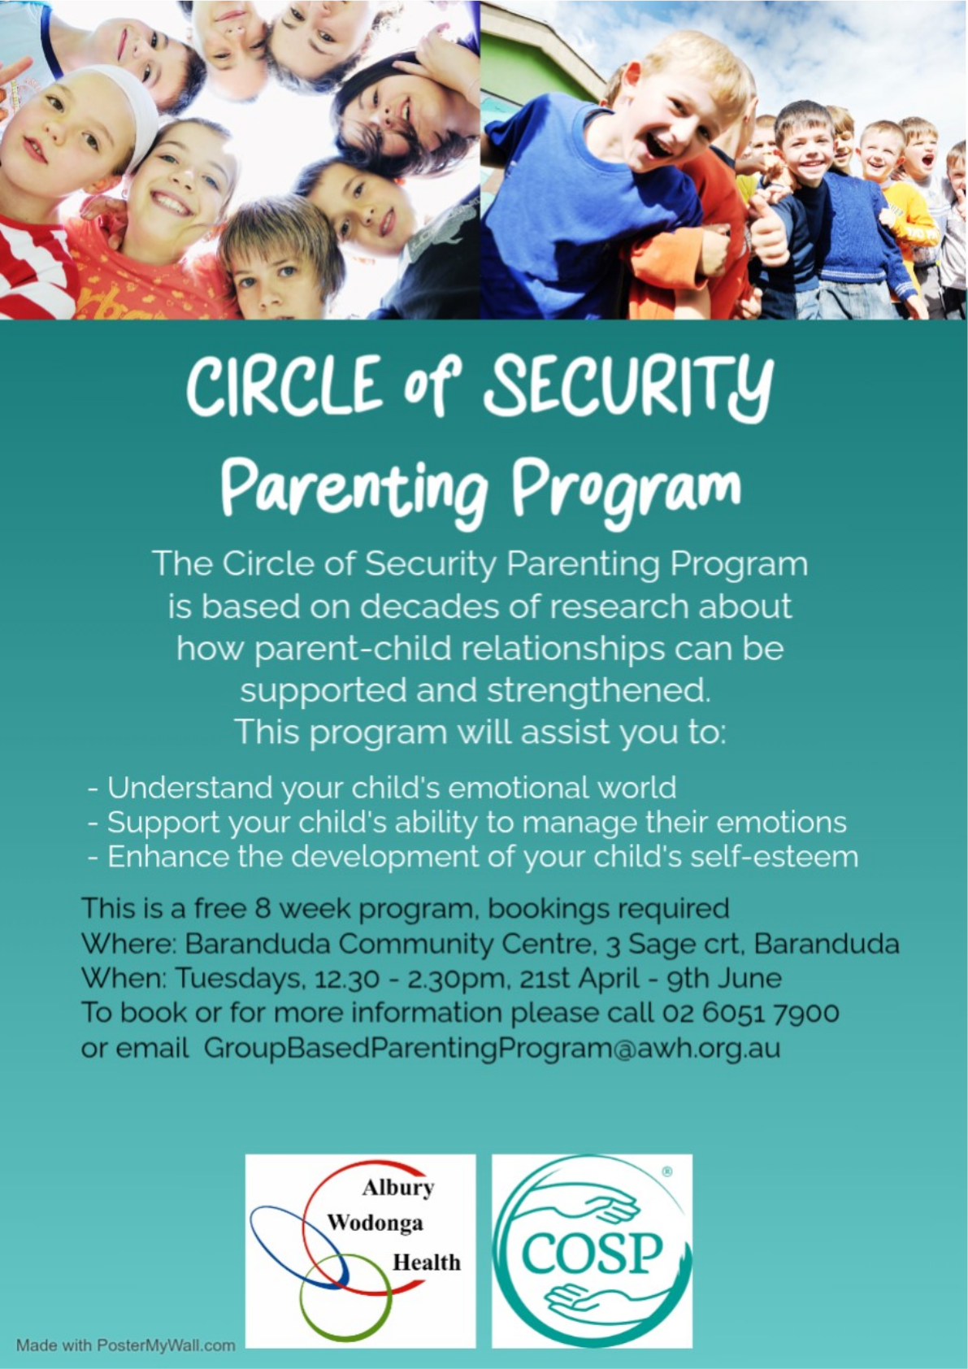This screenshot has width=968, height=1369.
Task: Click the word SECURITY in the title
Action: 629,389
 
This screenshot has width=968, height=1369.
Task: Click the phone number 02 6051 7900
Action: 751,1013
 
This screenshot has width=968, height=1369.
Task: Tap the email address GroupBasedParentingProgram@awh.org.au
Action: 492,1049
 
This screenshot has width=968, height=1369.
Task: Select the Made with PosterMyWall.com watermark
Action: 126,1345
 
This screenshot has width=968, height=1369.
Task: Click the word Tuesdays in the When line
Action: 238,979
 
